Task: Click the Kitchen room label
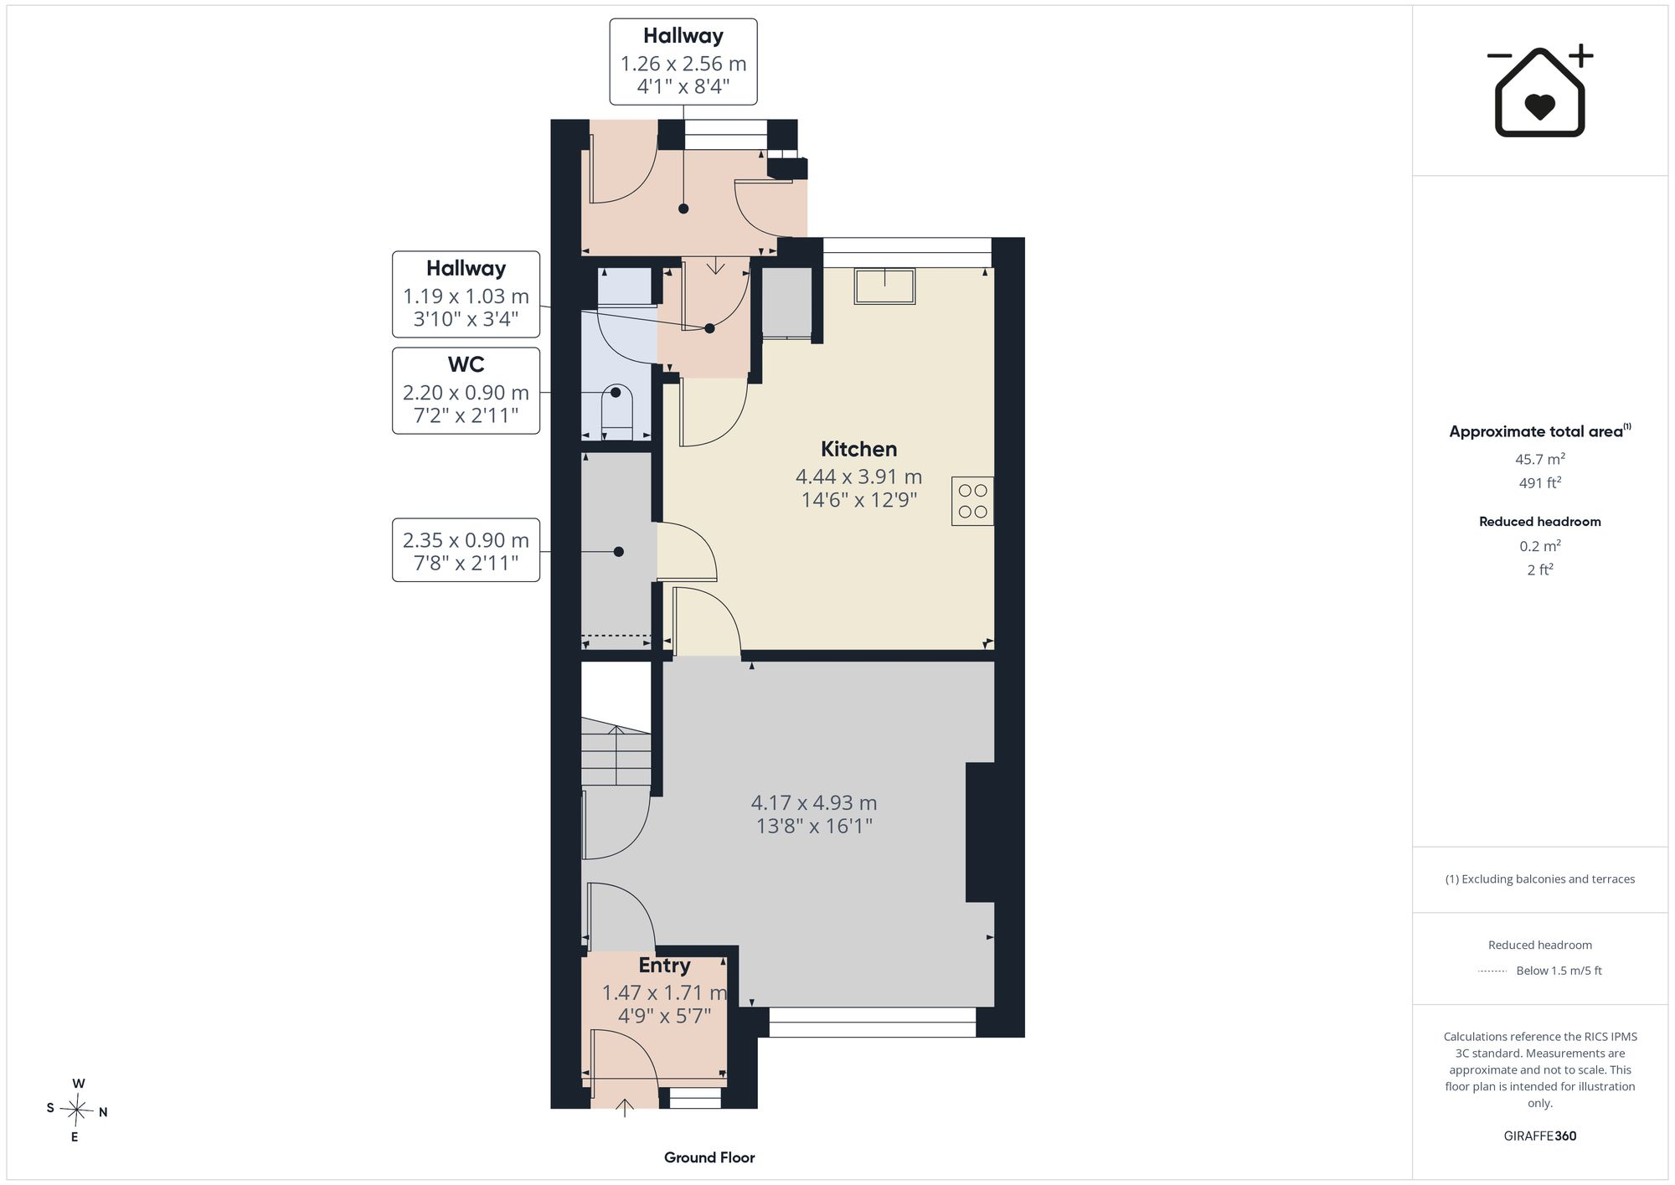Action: (858, 449)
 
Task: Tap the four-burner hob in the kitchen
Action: (972, 501)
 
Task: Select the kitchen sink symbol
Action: (884, 286)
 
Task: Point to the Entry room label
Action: (664, 966)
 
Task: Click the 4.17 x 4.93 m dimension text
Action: (814, 802)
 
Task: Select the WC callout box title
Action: (466, 364)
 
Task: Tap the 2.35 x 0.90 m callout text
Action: (466, 540)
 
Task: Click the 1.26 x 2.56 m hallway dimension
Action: (683, 64)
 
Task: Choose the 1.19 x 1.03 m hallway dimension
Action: (466, 296)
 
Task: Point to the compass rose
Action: (77, 1111)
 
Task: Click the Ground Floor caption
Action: (709, 1157)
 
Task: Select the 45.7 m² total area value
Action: (1540, 459)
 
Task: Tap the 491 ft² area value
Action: (1540, 482)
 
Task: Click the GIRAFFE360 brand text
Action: (1540, 1136)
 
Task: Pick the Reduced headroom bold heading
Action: (1540, 521)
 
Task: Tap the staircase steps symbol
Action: (616, 751)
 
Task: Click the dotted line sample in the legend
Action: (1492, 971)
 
